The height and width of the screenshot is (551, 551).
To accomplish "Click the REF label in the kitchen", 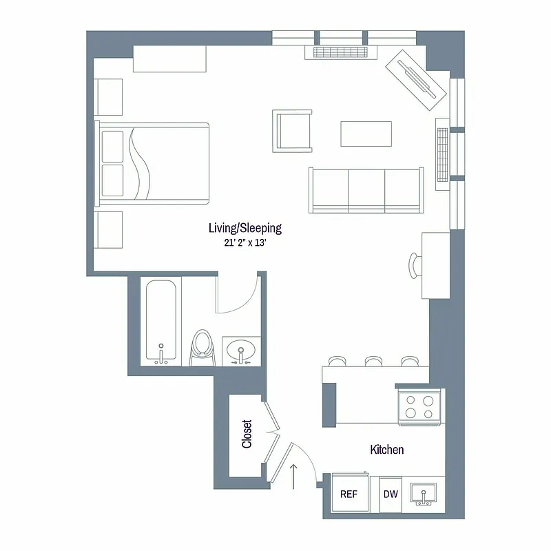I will [x=348, y=494].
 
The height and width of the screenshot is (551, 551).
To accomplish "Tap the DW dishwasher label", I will [x=391, y=494].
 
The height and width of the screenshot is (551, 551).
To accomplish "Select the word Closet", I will [x=247, y=435].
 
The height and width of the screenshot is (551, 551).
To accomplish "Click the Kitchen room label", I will [x=387, y=450].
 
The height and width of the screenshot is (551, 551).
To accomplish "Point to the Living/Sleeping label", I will [x=245, y=228].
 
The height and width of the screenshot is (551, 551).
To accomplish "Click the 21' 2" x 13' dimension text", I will [x=245, y=242].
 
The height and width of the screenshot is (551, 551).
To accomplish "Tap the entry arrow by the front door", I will [x=295, y=476].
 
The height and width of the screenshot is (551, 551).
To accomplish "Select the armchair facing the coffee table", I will [x=293, y=131].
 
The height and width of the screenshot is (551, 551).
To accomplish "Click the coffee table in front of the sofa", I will [x=366, y=134].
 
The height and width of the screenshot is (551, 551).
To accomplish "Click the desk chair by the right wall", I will [x=414, y=264].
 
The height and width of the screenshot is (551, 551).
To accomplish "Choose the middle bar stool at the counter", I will [x=373, y=360].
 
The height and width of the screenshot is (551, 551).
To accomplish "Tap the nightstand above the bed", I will [x=109, y=96].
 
